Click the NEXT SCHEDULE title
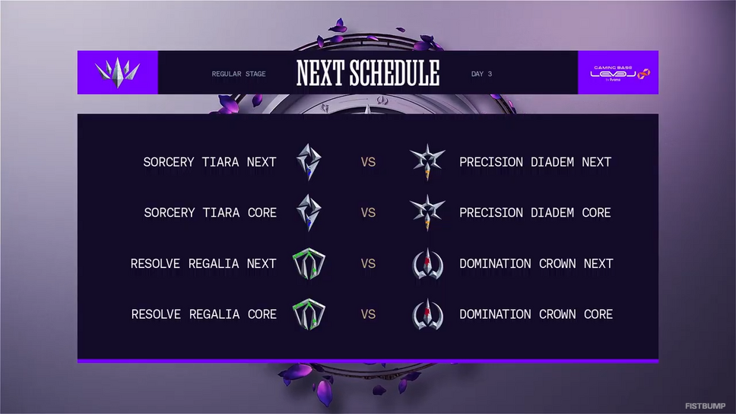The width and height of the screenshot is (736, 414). (368, 73)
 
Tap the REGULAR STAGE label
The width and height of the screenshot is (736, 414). (239, 74)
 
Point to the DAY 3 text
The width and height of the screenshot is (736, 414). (481, 74)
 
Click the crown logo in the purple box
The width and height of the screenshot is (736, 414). (117, 73)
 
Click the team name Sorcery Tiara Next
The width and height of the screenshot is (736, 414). (209, 162)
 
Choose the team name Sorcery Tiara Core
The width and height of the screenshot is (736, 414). (210, 213)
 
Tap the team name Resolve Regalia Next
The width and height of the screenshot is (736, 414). (203, 263)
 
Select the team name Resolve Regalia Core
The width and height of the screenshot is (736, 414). (204, 314)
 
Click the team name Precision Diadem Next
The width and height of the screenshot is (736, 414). (535, 162)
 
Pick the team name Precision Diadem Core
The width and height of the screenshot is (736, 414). (535, 213)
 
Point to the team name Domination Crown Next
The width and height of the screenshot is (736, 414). (536, 263)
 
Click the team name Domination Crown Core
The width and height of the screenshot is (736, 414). (536, 314)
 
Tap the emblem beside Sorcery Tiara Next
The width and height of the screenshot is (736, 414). (309, 162)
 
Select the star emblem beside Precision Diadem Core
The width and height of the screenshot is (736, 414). (427, 212)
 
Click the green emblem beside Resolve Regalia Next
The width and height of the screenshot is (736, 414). (309, 263)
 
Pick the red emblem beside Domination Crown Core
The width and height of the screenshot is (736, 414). (427, 314)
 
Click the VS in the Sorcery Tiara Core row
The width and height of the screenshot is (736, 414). (368, 213)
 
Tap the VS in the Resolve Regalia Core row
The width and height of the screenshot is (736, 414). (368, 314)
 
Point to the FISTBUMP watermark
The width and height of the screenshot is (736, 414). (705, 406)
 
